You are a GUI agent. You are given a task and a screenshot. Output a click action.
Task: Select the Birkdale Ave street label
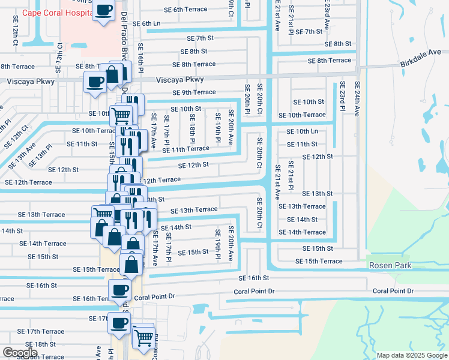424,64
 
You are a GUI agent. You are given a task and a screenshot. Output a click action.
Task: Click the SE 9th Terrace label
194,92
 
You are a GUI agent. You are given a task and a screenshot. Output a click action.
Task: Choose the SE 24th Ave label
357,98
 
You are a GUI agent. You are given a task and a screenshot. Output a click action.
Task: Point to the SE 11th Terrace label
187,149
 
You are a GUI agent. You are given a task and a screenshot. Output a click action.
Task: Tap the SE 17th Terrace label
41,331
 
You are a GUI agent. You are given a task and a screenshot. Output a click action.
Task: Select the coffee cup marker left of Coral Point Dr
119,290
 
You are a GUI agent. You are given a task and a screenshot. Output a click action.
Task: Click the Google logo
20,353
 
